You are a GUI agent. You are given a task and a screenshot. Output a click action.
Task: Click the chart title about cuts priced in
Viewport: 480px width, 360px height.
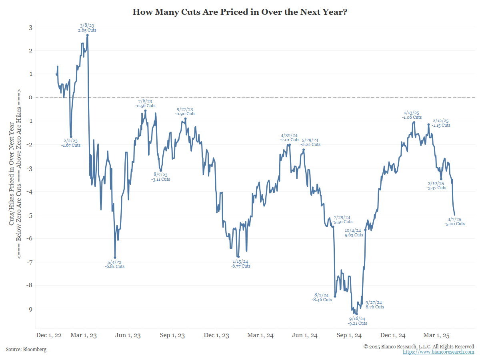[x=240, y=12]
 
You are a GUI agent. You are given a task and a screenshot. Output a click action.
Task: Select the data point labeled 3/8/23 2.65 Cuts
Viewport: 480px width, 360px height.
[x=88, y=35]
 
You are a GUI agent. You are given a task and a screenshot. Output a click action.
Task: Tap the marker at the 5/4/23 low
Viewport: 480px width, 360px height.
[x=115, y=258]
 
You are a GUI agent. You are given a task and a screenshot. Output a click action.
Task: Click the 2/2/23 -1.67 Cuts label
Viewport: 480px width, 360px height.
[x=71, y=143]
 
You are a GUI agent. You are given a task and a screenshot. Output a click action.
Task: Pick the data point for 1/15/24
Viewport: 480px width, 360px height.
[x=238, y=257]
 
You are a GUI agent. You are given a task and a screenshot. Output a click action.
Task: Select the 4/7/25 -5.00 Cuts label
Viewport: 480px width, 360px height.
[x=454, y=222]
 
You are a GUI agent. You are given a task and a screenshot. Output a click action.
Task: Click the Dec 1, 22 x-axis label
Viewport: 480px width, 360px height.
[x=49, y=335]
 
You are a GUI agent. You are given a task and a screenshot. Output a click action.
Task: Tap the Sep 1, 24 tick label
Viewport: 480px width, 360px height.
[x=349, y=335]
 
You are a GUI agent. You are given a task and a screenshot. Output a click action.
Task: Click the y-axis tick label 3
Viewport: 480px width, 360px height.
[x=30, y=27]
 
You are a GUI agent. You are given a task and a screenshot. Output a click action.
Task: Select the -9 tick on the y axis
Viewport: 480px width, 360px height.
[x=29, y=309]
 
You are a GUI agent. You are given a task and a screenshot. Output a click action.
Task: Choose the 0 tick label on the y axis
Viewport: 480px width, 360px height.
[x=30, y=97]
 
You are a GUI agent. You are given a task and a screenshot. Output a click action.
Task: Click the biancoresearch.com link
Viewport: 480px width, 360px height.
[x=438, y=352]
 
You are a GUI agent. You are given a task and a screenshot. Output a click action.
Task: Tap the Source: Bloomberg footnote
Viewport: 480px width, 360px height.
[x=26, y=350]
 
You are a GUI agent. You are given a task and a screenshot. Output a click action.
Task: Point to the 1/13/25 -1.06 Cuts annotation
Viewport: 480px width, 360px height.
[x=412, y=115]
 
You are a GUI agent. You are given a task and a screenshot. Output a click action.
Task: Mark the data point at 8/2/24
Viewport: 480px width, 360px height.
[x=335, y=296]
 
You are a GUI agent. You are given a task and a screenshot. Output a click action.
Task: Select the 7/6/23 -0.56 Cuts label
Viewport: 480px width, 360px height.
[x=145, y=103]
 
